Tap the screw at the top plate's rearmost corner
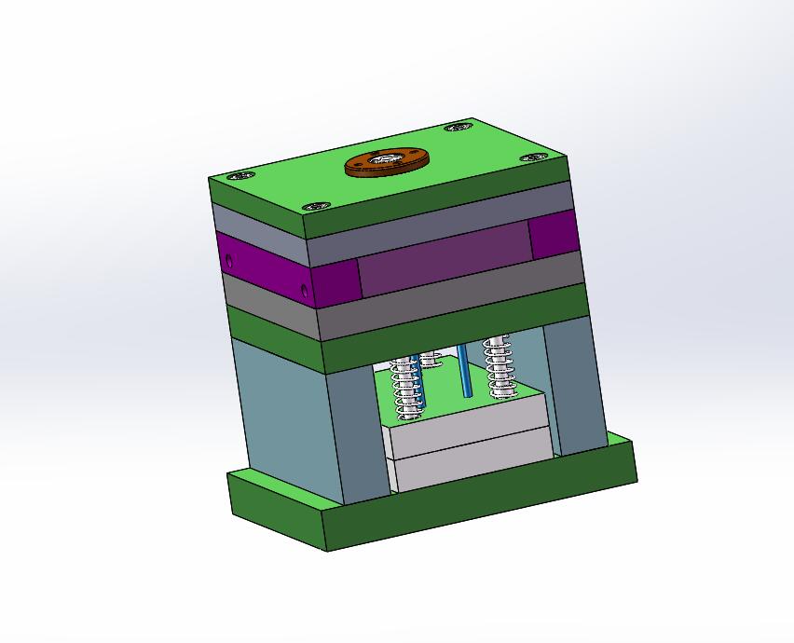457,127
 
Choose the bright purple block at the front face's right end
554,232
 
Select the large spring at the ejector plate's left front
406,387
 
